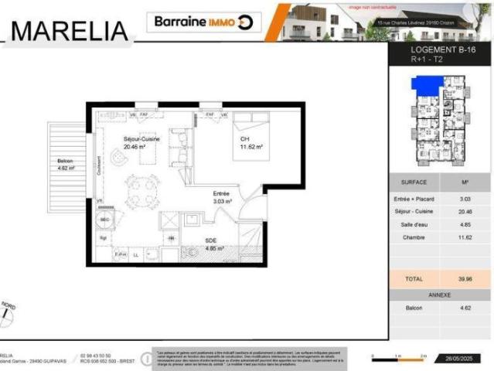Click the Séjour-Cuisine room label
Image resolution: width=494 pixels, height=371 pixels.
point(141,142)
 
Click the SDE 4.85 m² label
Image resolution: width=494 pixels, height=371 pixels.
point(213,244)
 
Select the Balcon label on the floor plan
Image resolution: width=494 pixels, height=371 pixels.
point(65,164)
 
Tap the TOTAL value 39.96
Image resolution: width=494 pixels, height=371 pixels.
point(465,278)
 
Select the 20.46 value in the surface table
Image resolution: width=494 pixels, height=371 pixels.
point(465,210)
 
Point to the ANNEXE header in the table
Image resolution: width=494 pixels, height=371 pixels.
point(440,295)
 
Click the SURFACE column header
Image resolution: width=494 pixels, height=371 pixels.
point(414,183)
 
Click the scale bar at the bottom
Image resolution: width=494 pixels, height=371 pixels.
point(398,357)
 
